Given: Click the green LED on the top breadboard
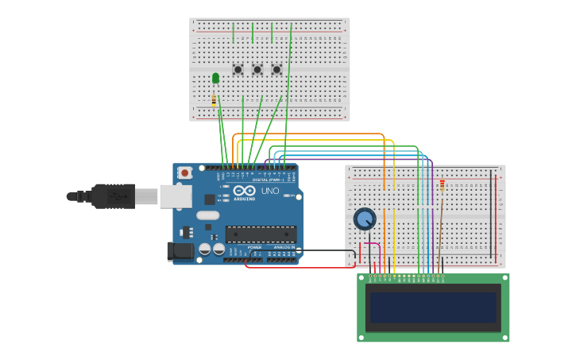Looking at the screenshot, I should coord(215,78).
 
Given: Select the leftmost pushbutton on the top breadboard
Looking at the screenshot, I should coord(238,70).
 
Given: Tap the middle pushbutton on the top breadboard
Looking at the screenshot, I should coord(257,70).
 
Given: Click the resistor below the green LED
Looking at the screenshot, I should coord(214,101).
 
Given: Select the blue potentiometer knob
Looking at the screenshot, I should coord(364,219).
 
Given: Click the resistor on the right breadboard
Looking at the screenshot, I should coord(443,185).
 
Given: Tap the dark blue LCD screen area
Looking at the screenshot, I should coord(433,307).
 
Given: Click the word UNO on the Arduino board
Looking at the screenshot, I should coord(270,192).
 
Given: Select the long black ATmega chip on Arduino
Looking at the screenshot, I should coord(261,234).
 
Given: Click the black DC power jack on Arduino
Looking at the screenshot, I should coord(180,252).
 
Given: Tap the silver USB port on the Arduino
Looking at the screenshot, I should coord(176,196).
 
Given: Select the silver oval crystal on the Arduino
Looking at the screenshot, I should coord(207,215).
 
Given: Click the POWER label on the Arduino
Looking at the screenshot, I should coord(254,247).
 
